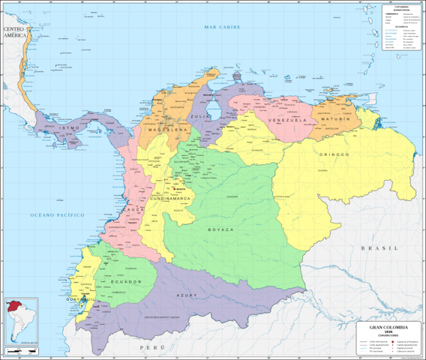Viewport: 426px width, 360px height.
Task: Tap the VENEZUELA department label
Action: pyautogui.click(x=288, y=120)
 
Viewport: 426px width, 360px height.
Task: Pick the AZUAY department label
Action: pyautogui.click(x=186, y=295)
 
